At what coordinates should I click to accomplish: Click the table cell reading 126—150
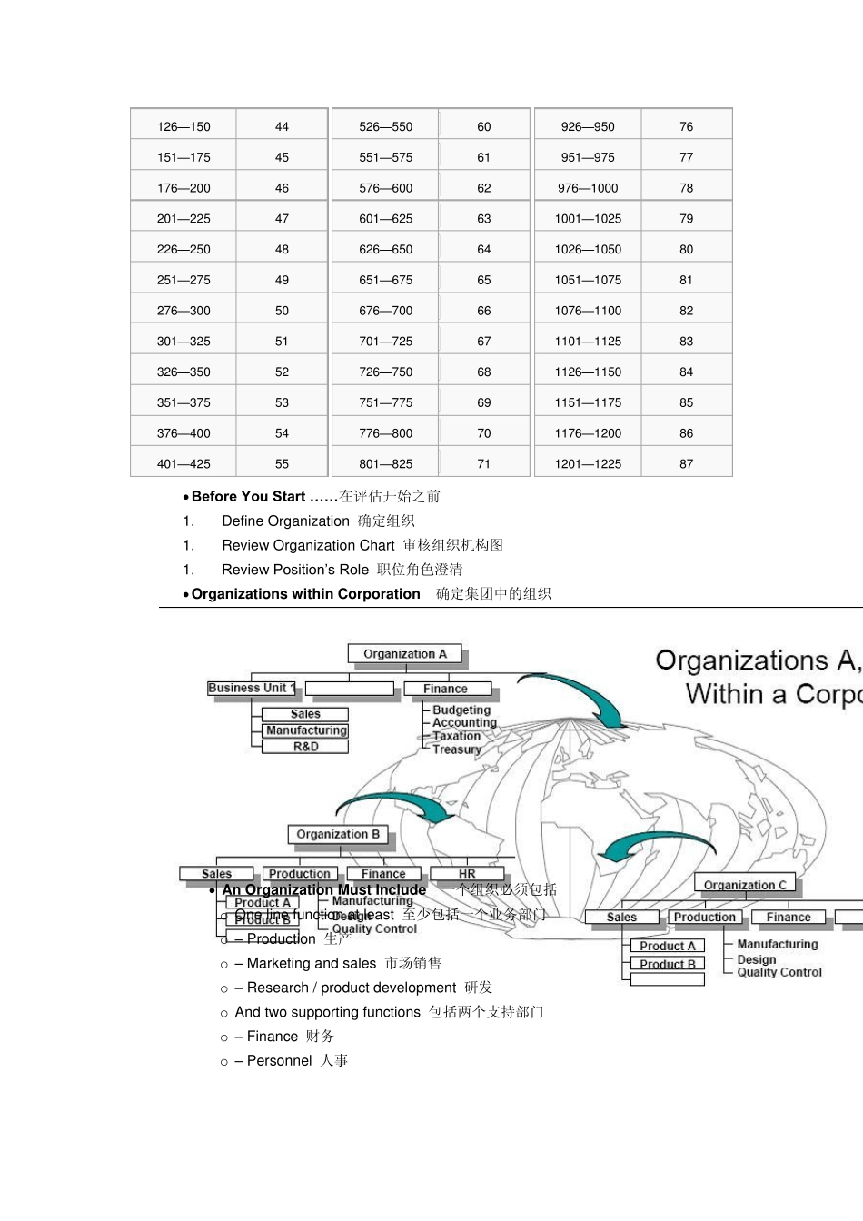coord(184,127)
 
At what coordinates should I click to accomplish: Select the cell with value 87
coord(686,464)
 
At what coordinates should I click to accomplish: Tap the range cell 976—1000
coord(588,188)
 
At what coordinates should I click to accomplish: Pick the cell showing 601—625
coord(385,219)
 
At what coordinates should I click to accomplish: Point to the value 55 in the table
coord(282,464)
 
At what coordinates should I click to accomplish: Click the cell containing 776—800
coord(385,433)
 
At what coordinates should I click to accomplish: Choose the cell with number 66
coord(483,311)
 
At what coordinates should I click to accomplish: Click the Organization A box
coord(405,654)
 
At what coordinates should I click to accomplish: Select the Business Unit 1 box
coord(252,689)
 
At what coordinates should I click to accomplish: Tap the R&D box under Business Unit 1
coord(305,747)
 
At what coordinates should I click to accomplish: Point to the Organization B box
coord(338,834)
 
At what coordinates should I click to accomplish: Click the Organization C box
coord(745,885)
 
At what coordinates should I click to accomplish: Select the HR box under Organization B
coord(467,874)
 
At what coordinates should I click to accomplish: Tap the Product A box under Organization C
coord(667,946)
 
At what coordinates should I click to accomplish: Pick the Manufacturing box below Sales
coord(306,730)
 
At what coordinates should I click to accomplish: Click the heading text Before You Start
coord(248,497)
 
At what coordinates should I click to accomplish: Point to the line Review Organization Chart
coord(308,546)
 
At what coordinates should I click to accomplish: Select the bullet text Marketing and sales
coord(311,964)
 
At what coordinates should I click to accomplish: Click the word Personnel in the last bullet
coord(279,1061)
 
